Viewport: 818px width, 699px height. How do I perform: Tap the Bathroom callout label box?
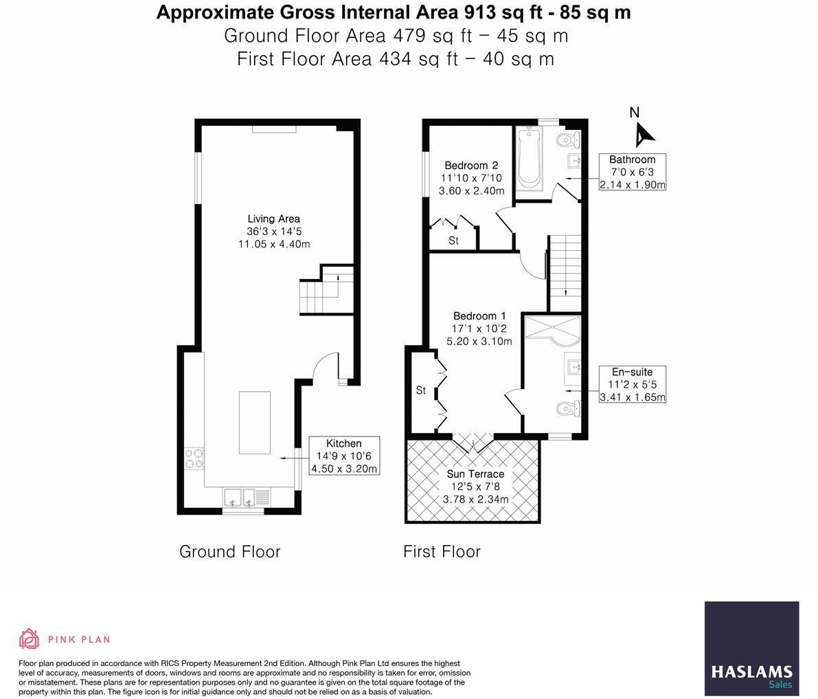click(x=632, y=172)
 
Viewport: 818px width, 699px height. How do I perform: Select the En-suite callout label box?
click(x=632, y=384)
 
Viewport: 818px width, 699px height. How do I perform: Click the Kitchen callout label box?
click(x=343, y=456)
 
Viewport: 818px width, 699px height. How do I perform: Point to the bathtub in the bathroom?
click(x=529, y=158)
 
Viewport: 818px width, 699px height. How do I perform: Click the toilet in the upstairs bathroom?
click(x=568, y=140)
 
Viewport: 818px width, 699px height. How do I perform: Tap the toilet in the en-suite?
click(x=568, y=409)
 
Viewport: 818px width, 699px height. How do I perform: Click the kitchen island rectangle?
click(x=254, y=422)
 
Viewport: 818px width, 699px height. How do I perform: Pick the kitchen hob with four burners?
click(x=194, y=458)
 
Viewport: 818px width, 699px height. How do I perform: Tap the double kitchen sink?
click(x=239, y=496)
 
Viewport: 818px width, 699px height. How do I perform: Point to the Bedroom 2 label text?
click(x=470, y=165)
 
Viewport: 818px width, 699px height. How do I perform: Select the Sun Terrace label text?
click(x=475, y=474)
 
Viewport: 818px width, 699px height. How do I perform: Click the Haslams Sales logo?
click(x=751, y=648)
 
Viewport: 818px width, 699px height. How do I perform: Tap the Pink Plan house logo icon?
click(x=29, y=639)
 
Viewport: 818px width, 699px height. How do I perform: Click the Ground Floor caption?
click(x=229, y=551)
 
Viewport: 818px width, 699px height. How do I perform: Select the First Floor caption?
click(x=442, y=551)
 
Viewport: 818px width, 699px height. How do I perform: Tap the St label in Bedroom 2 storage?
click(x=453, y=241)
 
